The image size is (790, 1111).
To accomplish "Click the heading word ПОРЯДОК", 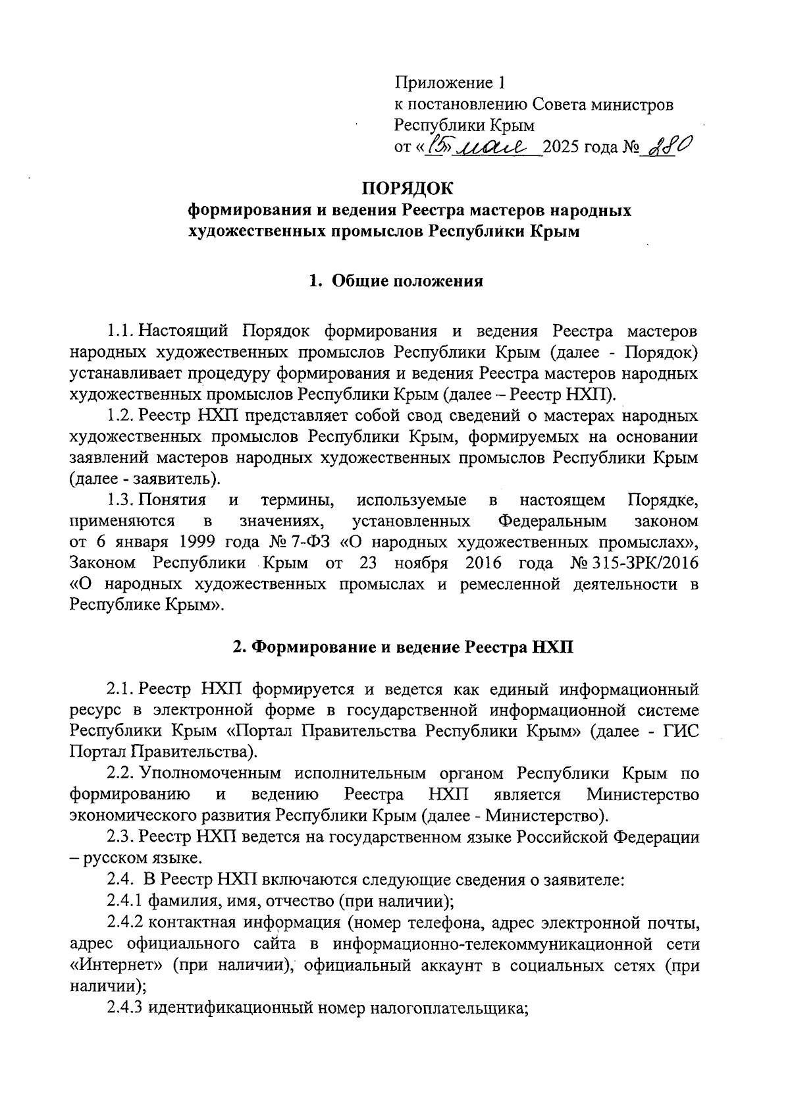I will [x=408, y=188].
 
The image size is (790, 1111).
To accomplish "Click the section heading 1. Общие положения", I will [x=396, y=281].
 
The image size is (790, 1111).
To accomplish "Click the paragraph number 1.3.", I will [x=120, y=501].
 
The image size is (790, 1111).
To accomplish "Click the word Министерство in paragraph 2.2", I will [x=642, y=794].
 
